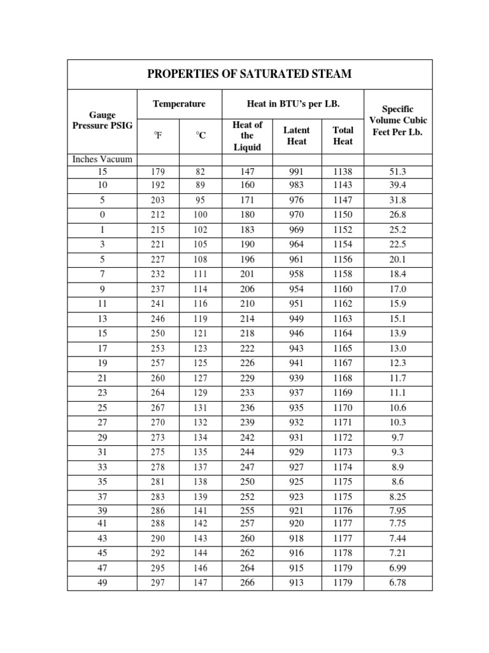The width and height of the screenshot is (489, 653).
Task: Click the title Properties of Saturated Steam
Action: (x=249, y=75)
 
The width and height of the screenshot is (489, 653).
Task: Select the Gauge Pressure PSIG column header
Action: (x=102, y=120)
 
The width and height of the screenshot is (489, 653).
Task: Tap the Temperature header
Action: (x=179, y=103)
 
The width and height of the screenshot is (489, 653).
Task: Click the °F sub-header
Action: (x=158, y=135)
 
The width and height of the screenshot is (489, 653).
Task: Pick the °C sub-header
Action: (x=201, y=135)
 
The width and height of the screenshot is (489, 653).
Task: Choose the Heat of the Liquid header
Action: (x=247, y=135)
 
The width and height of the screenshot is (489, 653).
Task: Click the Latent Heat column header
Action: (x=296, y=135)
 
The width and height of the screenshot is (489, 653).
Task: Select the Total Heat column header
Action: (x=343, y=135)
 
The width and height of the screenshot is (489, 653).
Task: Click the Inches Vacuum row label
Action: (x=102, y=159)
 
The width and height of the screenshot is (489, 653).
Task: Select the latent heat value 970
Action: (x=296, y=215)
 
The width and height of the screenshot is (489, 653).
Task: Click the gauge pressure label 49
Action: (x=103, y=582)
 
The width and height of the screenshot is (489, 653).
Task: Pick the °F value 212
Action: (x=158, y=215)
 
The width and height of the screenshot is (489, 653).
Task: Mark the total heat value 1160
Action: (x=343, y=289)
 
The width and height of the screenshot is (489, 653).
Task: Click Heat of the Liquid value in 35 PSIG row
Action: (x=247, y=481)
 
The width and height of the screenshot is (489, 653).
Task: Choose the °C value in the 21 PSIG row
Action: (x=201, y=378)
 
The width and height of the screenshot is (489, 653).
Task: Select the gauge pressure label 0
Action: (x=103, y=215)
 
